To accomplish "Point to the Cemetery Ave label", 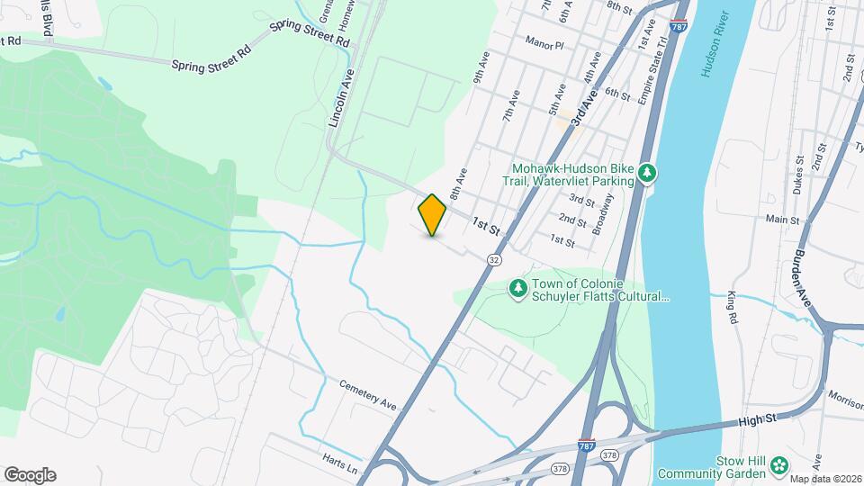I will [368, 395].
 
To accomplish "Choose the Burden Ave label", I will [803, 275].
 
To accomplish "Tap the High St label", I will [757, 418].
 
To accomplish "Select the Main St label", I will [782, 219].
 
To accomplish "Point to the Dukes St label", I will [799, 171].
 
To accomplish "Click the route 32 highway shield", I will [494, 258].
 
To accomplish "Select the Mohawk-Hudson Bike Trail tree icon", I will [645, 171].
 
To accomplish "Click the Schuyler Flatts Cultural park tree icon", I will [517, 287].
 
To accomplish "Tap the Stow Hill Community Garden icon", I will [777, 465].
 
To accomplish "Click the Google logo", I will [30, 474].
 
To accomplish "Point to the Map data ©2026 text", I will [825, 478].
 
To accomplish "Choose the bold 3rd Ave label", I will [583, 105].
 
